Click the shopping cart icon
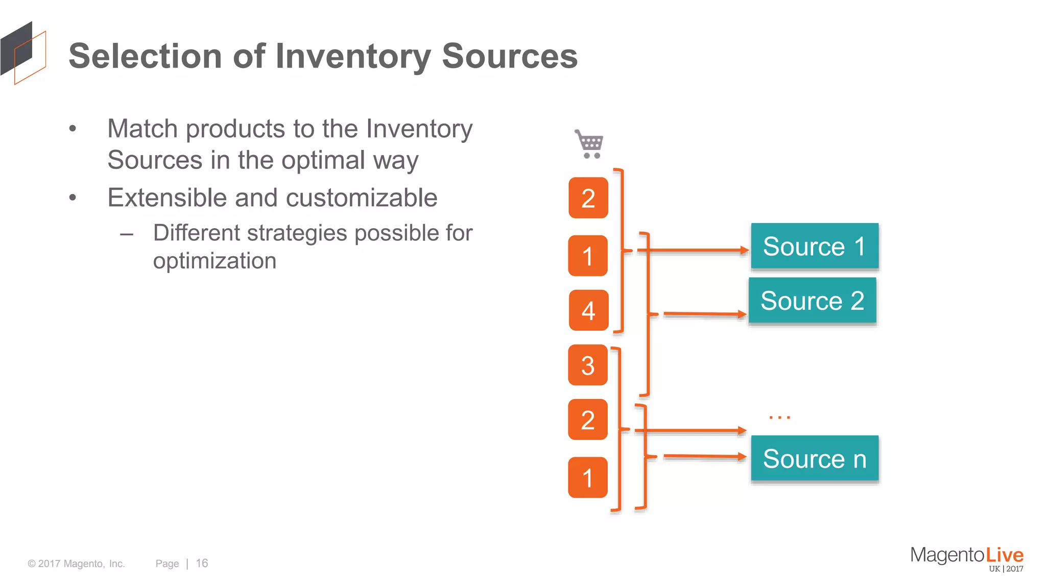tap(590, 144)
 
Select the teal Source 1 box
tap(815, 246)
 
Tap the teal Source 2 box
tap(812, 300)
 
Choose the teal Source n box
tap(815, 458)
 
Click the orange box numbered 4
tap(588, 310)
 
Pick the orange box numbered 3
tap(588, 365)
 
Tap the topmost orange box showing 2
tap(588, 198)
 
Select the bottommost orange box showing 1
tap(588, 478)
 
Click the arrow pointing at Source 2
tap(705, 314)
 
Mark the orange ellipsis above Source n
tap(779, 418)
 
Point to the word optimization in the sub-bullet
tap(215, 261)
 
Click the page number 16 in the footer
tap(202, 563)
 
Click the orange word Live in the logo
tap(1004, 555)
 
